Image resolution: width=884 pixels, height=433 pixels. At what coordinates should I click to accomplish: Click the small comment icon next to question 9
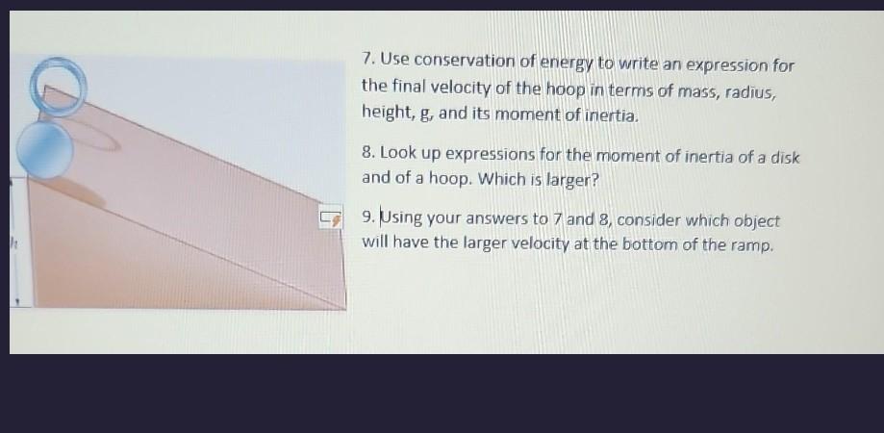tap(331, 218)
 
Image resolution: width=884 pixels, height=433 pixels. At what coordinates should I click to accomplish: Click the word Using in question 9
tap(404, 219)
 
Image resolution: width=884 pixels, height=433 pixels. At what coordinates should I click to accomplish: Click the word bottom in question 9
tap(653, 244)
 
